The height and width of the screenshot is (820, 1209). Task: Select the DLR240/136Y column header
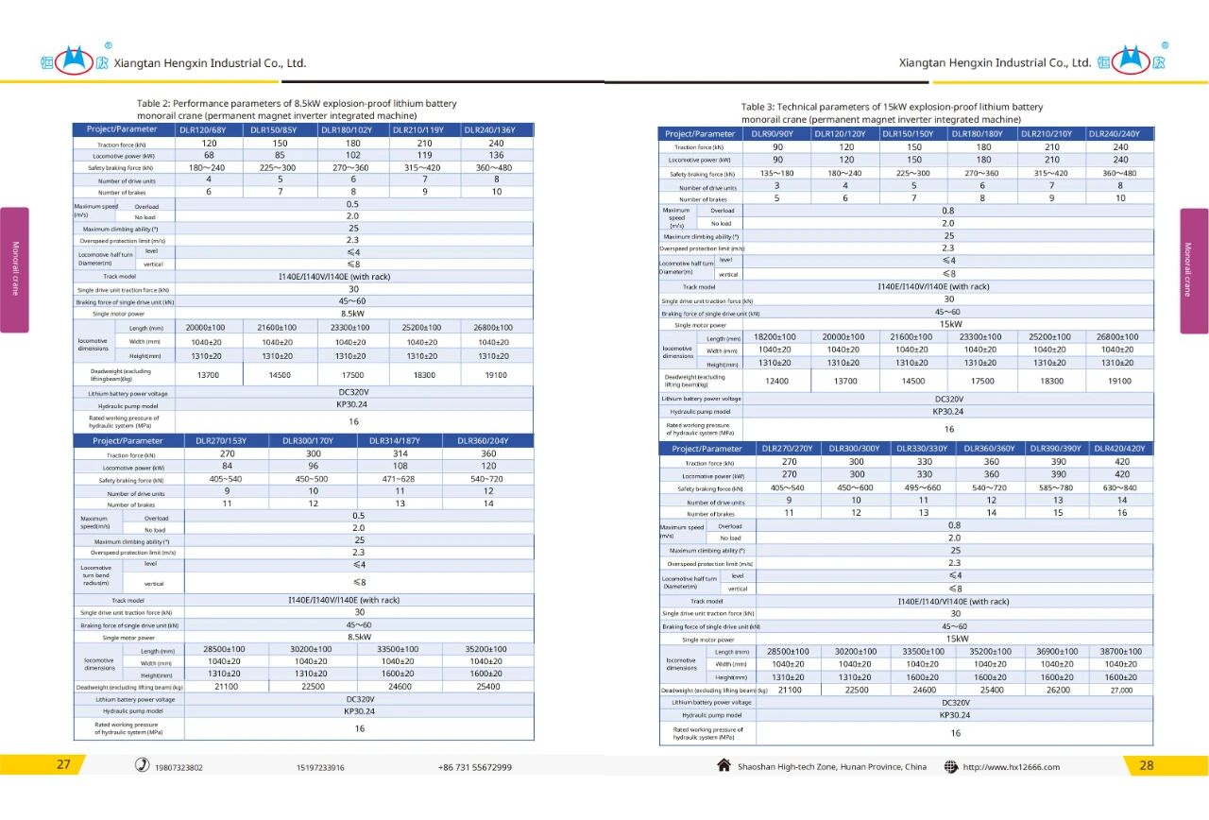point(496,129)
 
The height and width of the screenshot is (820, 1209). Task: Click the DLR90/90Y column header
point(777,134)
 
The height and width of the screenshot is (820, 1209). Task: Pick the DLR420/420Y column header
point(1121,449)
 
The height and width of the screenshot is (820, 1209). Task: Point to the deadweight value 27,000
point(1120,690)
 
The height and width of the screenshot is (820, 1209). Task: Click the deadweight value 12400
point(777,381)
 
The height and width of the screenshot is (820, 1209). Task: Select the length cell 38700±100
point(1120,652)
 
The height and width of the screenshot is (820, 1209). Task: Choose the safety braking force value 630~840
point(1120,487)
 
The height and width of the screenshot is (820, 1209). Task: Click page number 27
point(63,765)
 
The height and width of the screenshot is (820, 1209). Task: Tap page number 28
point(1147,765)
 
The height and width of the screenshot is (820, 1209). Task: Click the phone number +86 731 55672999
point(474,767)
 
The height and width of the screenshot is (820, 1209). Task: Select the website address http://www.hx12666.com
point(1011,767)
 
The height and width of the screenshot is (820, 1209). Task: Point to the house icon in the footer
point(724,765)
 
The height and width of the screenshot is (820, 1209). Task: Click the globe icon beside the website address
point(950,766)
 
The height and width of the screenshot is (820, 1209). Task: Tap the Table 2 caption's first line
point(297,103)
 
